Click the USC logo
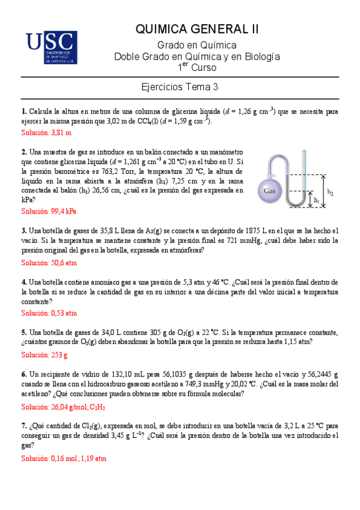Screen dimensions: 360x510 (51, 48)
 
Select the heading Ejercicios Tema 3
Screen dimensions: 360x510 (180, 87)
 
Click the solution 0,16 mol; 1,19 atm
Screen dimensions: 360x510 (64, 458)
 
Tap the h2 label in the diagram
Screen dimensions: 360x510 (330, 192)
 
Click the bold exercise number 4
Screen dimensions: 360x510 (23, 281)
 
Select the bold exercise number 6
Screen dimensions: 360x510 (23, 374)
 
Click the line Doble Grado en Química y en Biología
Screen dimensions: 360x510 (197, 57)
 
